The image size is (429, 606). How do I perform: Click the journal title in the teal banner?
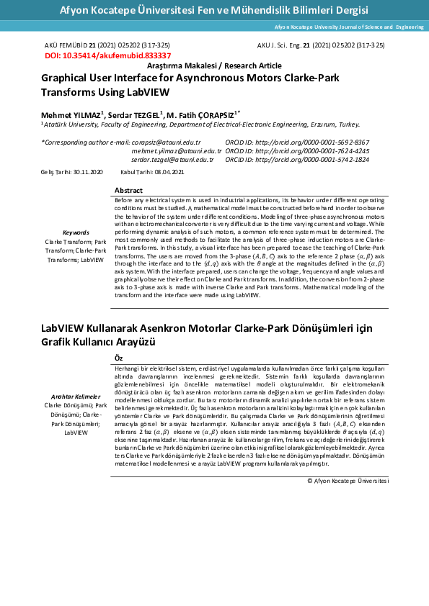[213, 10]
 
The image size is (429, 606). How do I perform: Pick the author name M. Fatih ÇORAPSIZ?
[201, 114]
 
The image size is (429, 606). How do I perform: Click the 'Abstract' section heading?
[129, 190]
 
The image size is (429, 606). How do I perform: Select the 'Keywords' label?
[76, 233]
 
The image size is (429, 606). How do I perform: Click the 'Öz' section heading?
[119, 357]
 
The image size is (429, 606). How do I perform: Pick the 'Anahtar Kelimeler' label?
[76, 397]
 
